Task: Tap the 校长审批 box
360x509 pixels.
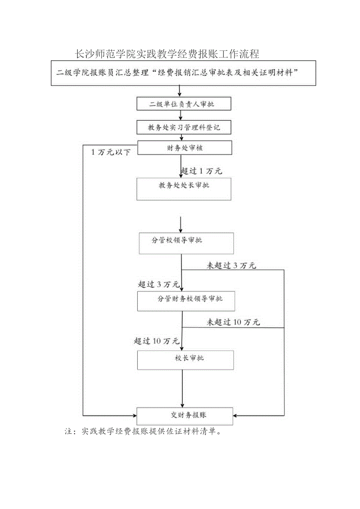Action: point(185,360)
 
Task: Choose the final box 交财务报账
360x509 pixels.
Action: point(185,416)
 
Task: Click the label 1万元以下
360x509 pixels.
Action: point(111,152)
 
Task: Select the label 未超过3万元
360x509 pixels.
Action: point(231,266)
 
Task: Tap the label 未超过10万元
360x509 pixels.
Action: point(233,323)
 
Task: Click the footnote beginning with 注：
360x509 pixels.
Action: point(144,432)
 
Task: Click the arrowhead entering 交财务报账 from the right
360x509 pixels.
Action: point(236,415)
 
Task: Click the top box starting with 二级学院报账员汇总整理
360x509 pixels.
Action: point(184,73)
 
